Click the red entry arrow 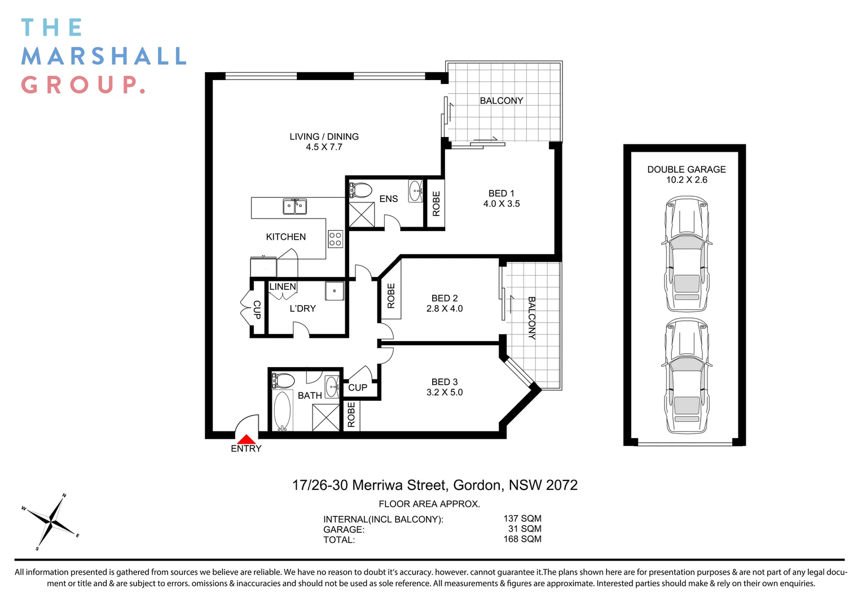[x=246, y=439]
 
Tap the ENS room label [x=388, y=198]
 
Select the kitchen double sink [x=294, y=206]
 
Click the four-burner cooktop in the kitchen [x=335, y=239]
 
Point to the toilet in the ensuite [x=360, y=190]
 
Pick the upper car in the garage [x=687, y=254]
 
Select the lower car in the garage [x=687, y=376]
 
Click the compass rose [x=51, y=523]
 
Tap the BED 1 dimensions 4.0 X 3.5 [x=502, y=204]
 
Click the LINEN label [x=282, y=286]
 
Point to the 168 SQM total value [x=522, y=539]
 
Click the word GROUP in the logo [x=82, y=85]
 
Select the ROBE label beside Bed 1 [x=436, y=204]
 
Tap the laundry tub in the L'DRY [x=335, y=290]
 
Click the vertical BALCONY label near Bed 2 [x=531, y=317]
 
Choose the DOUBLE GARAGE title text [x=686, y=169]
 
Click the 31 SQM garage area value [x=525, y=529]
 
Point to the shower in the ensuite [x=362, y=214]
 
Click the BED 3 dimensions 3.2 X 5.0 [x=445, y=392]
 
